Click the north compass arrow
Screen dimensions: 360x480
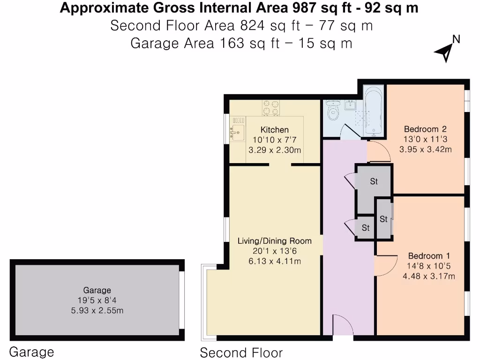coord(444,52)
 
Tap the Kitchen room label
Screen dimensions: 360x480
coord(275,130)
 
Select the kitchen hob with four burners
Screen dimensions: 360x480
coord(271,107)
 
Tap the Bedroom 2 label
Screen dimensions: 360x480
coord(425,129)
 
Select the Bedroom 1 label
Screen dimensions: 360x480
coord(429,256)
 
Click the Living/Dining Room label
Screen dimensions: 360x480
coord(274,241)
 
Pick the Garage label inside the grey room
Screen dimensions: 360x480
coord(97,290)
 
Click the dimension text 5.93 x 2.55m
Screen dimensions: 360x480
coord(97,310)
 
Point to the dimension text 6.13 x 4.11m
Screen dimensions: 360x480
coord(274,261)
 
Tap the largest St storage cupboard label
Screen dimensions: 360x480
coord(374,181)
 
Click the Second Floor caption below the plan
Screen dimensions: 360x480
coord(241,352)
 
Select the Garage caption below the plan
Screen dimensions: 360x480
coord(32,352)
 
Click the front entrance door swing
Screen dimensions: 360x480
coord(342,325)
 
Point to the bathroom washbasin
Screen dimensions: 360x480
coord(350,105)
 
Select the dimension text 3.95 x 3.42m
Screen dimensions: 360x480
coord(425,150)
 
